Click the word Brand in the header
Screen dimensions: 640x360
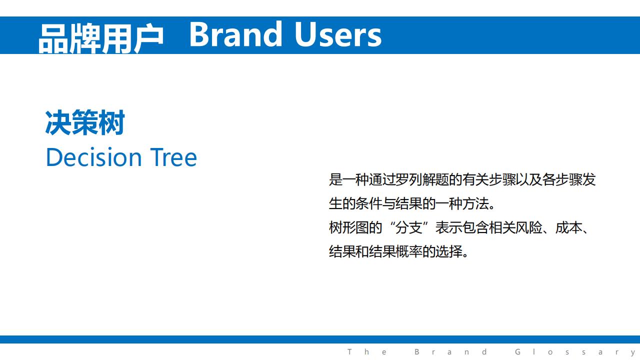235,34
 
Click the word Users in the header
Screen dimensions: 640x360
338,34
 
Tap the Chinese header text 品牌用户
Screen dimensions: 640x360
101,38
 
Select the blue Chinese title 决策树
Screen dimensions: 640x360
85,122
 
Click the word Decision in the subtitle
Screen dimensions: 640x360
94,157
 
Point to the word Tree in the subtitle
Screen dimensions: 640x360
173,157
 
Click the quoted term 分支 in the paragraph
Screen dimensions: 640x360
408,228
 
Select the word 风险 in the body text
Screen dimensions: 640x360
528,228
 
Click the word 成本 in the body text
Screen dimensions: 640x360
568,228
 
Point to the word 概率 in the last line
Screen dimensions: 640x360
409,251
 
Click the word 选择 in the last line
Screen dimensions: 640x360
449,251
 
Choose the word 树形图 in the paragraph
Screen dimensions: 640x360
349,228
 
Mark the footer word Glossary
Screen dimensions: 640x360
575,352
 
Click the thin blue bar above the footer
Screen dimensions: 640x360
320,339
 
